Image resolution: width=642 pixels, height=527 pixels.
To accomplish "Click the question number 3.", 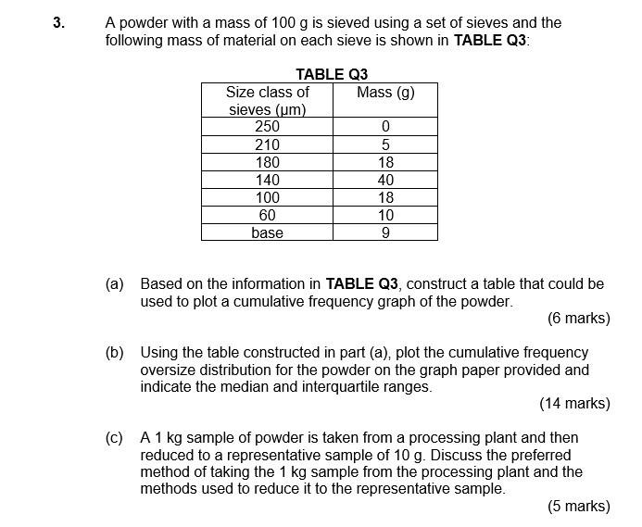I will click(x=58, y=23).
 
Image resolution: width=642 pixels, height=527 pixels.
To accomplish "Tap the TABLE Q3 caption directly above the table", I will click(x=332, y=75).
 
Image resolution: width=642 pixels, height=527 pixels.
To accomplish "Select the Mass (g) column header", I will click(x=385, y=93).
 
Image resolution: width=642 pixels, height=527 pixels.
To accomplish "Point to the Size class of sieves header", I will click(x=267, y=101).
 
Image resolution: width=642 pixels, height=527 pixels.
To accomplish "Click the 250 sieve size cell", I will click(x=267, y=127).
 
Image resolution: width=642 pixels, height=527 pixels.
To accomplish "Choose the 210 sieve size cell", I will click(x=267, y=144).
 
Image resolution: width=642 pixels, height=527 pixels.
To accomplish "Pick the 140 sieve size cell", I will click(x=267, y=180).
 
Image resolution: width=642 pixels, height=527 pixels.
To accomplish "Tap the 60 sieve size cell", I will click(x=267, y=215).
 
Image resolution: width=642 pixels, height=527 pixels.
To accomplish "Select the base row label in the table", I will click(x=267, y=232).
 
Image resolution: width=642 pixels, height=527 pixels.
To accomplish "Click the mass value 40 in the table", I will click(x=385, y=180).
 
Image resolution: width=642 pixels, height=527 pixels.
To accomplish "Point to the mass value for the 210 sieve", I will click(x=385, y=144).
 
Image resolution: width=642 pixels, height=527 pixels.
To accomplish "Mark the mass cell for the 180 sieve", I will click(x=385, y=162).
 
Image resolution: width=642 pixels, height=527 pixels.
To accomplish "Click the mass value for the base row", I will click(x=385, y=232).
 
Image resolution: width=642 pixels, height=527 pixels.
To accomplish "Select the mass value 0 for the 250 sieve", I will click(x=385, y=127).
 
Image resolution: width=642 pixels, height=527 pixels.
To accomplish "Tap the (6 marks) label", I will click(x=578, y=319).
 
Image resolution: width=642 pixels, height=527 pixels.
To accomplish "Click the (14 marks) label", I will click(x=574, y=404).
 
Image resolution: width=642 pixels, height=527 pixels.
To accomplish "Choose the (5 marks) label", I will click(x=578, y=506).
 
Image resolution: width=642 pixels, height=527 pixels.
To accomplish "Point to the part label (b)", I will click(x=115, y=353).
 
